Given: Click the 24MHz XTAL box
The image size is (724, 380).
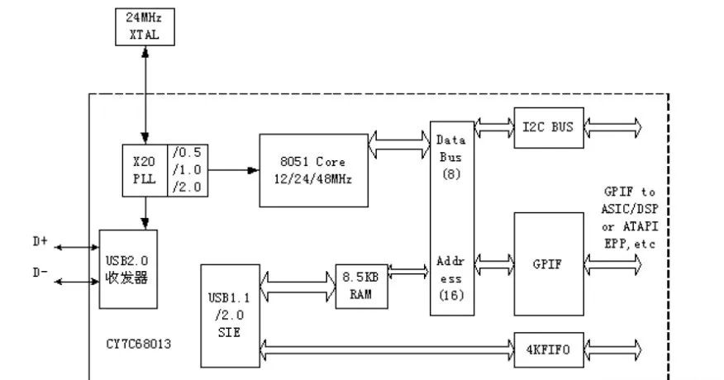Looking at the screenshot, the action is click(145, 26).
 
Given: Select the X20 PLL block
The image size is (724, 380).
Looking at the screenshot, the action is click(145, 170).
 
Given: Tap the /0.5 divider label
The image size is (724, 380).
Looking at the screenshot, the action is click(187, 153).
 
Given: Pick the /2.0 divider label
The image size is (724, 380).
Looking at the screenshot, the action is click(187, 187).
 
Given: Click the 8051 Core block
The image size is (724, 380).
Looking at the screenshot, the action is click(313, 170).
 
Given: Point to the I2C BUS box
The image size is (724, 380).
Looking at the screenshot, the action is click(549, 128).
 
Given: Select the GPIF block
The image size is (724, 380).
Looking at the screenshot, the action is click(549, 264).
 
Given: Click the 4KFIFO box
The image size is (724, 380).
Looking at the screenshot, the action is click(549, 350).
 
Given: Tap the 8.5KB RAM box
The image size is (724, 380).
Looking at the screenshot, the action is click(361, 287).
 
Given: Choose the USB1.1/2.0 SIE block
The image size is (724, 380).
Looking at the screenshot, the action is click(230, 316).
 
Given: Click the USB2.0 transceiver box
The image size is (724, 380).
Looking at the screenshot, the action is click(128, 269).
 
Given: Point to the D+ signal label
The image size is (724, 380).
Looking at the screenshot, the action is click(40, 241).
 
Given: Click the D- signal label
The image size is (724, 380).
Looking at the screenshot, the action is click(40, 273).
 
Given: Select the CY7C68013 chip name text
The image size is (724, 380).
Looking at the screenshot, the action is click(139, 344).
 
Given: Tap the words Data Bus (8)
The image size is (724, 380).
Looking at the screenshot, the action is click(451, 157).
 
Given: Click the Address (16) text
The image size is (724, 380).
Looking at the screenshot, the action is click(451, 278).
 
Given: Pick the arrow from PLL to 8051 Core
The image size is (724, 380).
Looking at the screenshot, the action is click(233, 170).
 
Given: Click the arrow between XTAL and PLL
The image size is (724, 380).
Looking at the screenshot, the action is click(145, 95).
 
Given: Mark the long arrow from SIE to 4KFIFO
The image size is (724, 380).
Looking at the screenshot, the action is click(387, 350).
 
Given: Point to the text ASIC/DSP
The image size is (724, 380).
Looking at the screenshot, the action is click(629, 209).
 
